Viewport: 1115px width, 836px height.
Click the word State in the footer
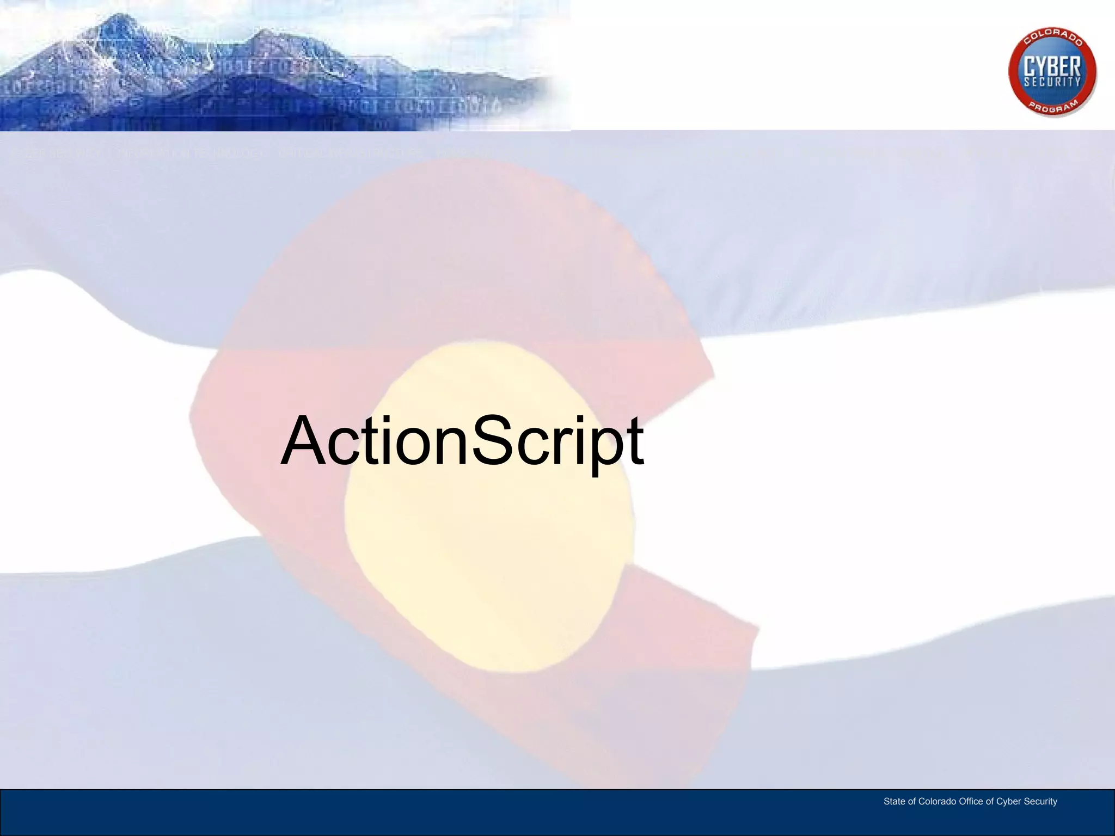point(895,801)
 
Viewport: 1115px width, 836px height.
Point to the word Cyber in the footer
point(1008,802)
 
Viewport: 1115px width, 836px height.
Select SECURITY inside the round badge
point(1052,82)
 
